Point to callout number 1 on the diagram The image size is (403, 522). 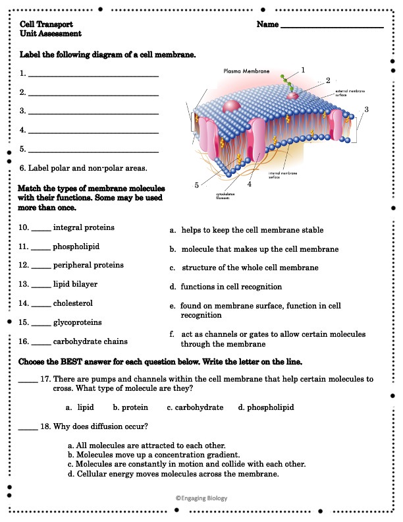pos(303,69)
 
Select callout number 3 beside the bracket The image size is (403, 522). pos(366,109)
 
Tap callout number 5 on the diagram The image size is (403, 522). pos(196,185)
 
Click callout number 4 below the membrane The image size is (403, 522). pos(250,185)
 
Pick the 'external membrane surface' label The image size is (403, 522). pos(350,93)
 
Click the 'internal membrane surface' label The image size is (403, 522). pos(284,176)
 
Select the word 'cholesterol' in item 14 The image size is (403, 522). pos(73,303)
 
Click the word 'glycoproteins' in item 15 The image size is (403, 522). pos(77,323)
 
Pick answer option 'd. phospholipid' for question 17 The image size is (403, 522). pos(266,407)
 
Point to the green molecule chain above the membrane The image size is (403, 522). pos(284,81)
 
